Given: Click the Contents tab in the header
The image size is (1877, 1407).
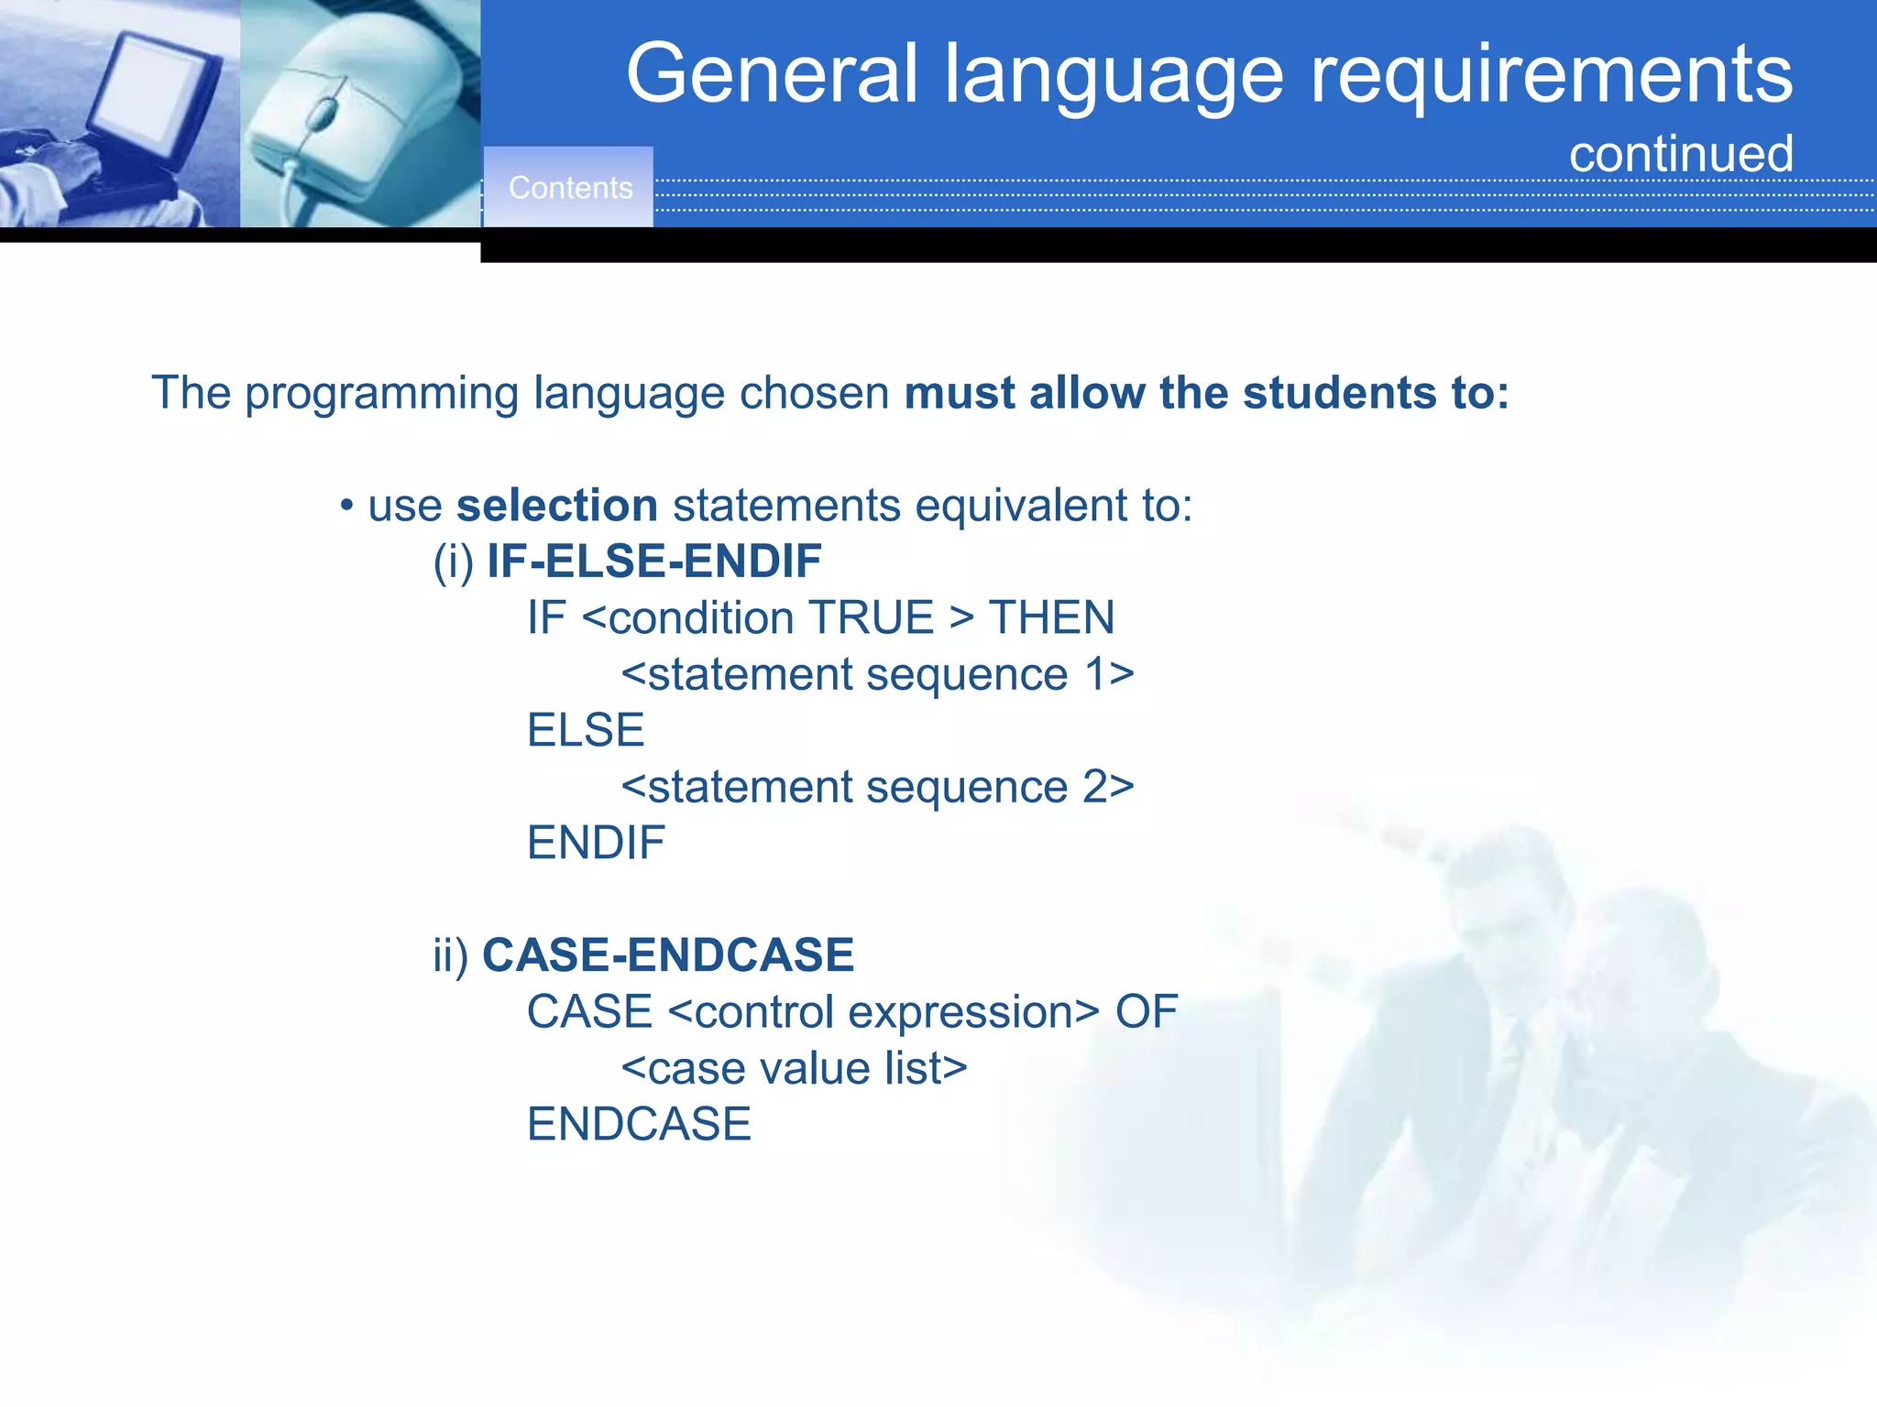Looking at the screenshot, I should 570,188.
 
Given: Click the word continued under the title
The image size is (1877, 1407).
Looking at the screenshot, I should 1681,154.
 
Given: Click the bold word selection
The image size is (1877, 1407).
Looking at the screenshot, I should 556,506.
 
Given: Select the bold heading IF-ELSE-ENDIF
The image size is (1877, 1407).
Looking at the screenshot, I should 653,562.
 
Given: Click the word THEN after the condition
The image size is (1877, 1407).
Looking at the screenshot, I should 1051,617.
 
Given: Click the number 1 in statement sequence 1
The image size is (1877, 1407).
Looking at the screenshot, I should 1096,675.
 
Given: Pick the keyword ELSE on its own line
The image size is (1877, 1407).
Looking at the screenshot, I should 586,730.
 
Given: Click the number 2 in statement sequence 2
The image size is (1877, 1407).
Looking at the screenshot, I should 1096,787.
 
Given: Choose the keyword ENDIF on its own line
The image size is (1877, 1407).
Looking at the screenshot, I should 596,843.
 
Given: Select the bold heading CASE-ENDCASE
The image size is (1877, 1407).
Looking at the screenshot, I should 667,955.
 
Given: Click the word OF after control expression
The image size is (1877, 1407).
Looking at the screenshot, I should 1146,1012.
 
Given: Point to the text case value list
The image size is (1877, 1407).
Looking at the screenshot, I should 794,1069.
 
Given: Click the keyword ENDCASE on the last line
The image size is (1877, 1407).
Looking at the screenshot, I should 639,1125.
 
